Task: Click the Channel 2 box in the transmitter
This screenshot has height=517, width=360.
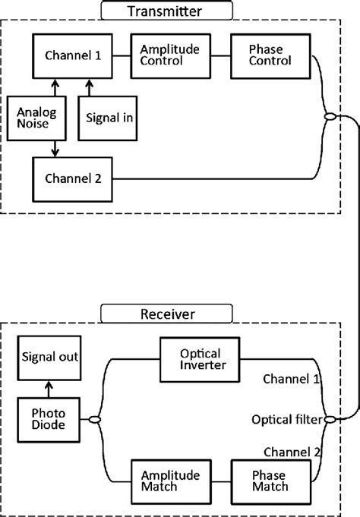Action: (73, 178)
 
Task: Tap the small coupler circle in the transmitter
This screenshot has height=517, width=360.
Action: (329, 117)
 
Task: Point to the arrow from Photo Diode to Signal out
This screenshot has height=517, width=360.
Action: (49, 388)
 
